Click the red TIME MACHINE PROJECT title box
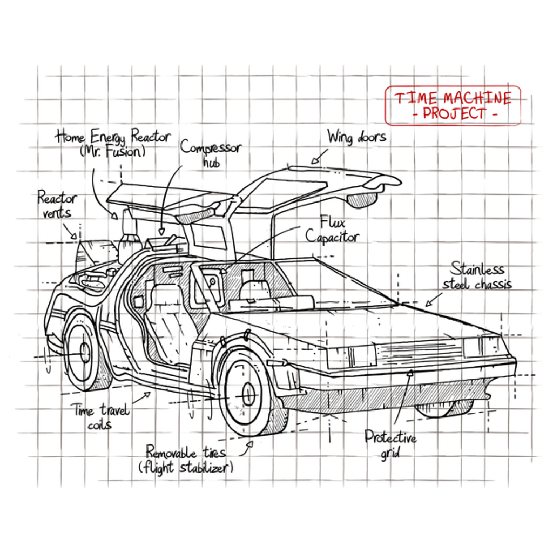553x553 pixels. (x=453, y=105)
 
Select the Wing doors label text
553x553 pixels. (x=356, y=137)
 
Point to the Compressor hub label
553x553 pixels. (x=211, y=153)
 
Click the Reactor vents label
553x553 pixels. (x=57, y=205)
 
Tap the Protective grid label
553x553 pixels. (x=390, y=444)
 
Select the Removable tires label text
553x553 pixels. (x=186, y=451)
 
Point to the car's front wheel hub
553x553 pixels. (x=248, y=394)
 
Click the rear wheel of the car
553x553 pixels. (x=82, y=352)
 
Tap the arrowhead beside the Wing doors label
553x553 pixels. (x=314, y=160)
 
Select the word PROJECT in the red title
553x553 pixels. (x=454, y=114)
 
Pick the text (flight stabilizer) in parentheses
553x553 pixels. (x=186, y=468)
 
